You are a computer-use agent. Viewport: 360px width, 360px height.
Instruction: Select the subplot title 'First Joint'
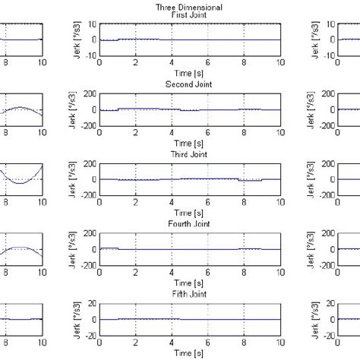(190, 15)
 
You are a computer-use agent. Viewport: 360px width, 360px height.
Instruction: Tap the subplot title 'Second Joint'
(190, 85)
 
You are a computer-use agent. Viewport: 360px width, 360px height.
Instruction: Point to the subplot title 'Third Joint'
(190, 155)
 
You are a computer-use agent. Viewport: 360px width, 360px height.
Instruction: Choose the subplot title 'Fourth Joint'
(190, 225)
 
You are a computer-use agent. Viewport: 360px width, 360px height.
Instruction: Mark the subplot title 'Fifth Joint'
(190, 295)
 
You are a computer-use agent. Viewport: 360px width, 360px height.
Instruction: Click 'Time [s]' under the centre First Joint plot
(190, 74)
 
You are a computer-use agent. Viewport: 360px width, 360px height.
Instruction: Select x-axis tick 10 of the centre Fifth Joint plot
(280, 344)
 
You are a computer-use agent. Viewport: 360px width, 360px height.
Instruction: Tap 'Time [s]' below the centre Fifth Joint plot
(190, 354)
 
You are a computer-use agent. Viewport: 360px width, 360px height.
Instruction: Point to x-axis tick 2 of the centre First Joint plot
(136, 65)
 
